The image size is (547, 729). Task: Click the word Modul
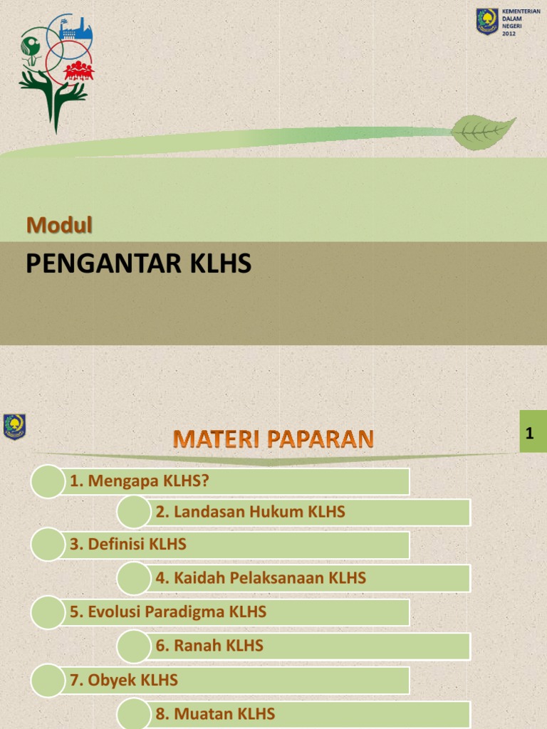tap(60, 225)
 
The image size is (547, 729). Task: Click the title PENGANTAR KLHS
tap(139, 265)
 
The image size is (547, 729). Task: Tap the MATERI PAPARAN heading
tap(273, 439)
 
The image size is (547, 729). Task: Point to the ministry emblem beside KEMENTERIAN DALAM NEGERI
tap(487, 21)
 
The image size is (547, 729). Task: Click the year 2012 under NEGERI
tap(509, 33)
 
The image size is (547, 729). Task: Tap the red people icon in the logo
tap(78, 70)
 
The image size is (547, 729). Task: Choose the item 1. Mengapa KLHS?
tap(140, 481)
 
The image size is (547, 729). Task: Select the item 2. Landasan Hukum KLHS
tap(250, 511)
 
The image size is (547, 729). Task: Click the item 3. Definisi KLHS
tap(128, 545)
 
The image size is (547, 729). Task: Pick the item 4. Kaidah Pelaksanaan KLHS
tap(261, 578)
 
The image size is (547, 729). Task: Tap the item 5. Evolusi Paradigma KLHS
tap(168, 612)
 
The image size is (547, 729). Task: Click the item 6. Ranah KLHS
tap(209, 646)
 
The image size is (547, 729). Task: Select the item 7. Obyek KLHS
tap(124, 680)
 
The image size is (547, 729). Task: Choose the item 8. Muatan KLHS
tap(215, 714)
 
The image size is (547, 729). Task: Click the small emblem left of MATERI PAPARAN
tap(14, 426)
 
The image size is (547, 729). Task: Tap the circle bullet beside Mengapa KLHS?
tap(48, 481)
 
